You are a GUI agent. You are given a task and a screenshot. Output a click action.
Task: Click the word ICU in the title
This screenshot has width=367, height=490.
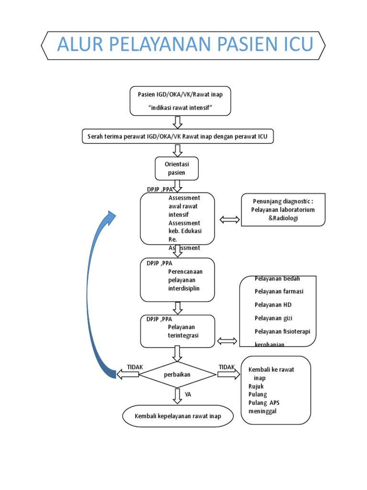coord(294,45)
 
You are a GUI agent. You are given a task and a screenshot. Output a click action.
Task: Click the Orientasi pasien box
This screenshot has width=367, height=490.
coord(177,168)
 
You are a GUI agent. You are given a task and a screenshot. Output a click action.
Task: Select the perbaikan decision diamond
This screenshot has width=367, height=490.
coord(177,375)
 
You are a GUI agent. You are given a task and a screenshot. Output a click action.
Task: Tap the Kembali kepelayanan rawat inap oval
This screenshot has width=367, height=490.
coord(178,416)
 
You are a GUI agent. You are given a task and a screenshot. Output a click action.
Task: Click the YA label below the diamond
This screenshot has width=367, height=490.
coord(188,395)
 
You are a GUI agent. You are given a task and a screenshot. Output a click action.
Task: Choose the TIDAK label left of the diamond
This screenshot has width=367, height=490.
coord(135,367)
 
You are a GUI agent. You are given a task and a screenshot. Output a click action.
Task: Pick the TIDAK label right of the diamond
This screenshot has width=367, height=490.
coord(227,367)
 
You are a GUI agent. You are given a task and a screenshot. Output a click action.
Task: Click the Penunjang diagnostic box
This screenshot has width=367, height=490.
coord(283,210)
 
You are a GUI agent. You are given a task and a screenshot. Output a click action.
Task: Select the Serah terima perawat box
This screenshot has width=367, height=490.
coord(178,137)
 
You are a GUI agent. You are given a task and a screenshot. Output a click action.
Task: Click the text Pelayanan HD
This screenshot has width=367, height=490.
coord(273,305)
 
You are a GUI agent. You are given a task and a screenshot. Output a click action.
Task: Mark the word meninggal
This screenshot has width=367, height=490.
coord(262,411)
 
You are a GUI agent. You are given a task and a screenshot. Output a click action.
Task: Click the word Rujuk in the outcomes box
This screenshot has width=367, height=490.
coord(256,386)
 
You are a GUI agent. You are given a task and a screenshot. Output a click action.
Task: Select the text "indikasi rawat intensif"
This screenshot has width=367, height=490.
coord(180,108)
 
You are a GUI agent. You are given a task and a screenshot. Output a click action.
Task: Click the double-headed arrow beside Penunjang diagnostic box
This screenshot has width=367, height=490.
coord(230,220)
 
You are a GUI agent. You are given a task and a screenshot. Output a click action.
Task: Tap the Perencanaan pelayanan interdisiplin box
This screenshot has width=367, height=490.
coord(177,280)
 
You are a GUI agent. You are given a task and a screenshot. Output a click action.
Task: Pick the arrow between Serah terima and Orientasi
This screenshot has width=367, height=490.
coord(177,150)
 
